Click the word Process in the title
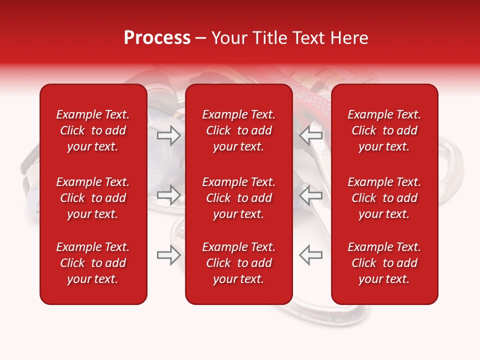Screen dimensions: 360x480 pos(157,38)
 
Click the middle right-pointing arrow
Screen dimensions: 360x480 pos(169,195)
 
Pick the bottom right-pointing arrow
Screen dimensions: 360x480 pos(169,255)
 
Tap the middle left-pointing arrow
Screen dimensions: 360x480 pos(311,195)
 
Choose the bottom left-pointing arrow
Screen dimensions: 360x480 pos(311,255)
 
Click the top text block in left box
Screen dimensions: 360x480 pos(93,130)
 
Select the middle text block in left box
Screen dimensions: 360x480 pos(93,198)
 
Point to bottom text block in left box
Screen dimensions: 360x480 pos(93,263)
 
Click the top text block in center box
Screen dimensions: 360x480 pos(239,130)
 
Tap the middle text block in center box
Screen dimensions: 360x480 pos(239,198)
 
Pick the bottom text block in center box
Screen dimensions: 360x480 pos(239,263)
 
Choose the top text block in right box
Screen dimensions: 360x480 pos(384,130)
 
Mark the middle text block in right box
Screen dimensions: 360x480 pos(384,198)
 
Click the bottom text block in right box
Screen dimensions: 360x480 pos(384,263)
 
